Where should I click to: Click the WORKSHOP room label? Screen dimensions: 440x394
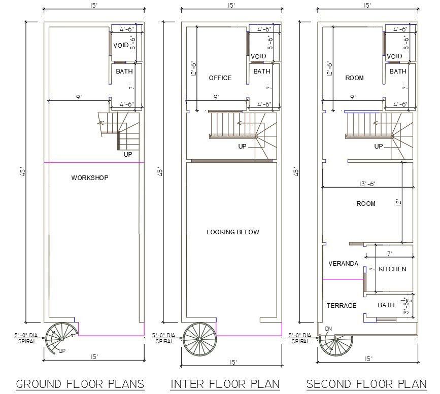pos(90,177)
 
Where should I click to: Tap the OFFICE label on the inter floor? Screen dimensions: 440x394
pos(220,78)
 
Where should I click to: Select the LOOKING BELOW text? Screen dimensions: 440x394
pos(233,232)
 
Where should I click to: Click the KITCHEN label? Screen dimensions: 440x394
pos(393,269)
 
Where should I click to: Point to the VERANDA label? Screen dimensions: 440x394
pos(344,263)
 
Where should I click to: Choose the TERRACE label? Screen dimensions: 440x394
pos(342,305)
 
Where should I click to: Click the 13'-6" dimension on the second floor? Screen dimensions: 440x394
pos(367,184)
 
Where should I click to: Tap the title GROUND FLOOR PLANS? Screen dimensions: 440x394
pos(80,384)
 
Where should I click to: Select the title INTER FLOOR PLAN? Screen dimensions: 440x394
pos(225,384)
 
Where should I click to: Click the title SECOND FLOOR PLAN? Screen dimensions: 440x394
pos(366,384)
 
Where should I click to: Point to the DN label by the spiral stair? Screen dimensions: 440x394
pos(328,329)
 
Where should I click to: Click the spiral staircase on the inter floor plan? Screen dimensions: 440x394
pos(199,339)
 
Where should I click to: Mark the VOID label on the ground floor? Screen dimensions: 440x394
pos(121,45)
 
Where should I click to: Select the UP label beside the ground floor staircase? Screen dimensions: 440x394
pos(128,154)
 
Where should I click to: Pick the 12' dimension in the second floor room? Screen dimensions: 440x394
pos(398,202)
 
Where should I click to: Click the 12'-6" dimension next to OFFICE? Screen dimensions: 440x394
pos(194,68)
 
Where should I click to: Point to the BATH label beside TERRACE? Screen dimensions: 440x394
pos(386,305)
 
